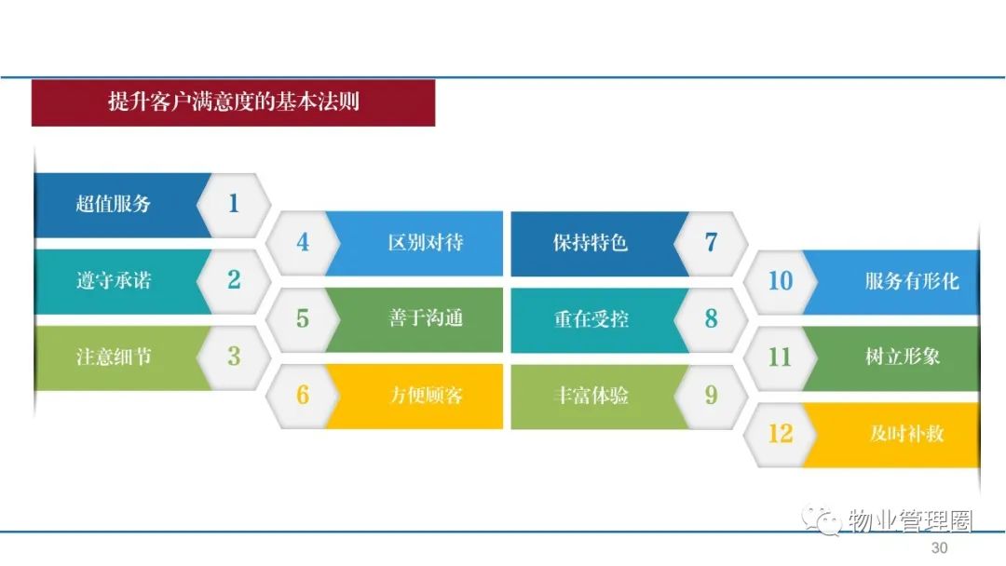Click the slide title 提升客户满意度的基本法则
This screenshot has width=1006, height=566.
click(234, 101)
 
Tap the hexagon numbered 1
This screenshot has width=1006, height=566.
click(234, 205)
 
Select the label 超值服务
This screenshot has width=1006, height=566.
click(113, 204)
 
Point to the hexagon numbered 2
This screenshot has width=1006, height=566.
click(234, 280)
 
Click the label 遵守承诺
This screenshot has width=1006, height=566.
click(114, 280)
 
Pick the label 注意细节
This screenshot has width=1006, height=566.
click(114, 357)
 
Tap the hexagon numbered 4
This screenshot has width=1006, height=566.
click(303, 243)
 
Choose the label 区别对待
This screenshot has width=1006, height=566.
click(426, 242)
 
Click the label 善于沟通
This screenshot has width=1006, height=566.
click(426, 318)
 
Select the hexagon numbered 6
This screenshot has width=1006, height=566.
click(303, 396)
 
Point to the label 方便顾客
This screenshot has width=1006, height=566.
click(426, 395)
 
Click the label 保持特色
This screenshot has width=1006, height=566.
click(591, 242)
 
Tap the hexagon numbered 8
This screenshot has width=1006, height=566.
click(711, 318)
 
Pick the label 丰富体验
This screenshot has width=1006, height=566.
click(591, 395)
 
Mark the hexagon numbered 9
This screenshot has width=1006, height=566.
click(711, 396)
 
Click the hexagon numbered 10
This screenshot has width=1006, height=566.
click(781, 281)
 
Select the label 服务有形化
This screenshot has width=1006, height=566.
click(912, 281)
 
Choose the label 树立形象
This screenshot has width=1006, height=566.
click(903, 357)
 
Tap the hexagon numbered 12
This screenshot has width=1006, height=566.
click(781, 434)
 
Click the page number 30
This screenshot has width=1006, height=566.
click(939, 548)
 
